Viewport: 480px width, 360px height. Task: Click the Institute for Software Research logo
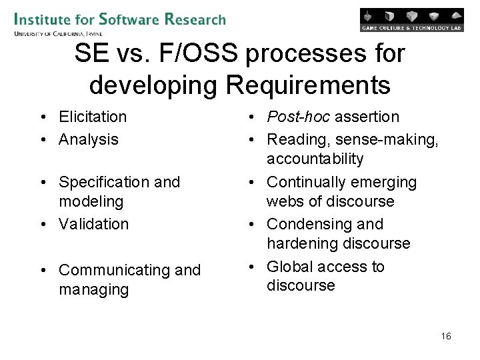tap(119, 19)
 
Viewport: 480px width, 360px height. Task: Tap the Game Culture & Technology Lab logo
tap(411, 20)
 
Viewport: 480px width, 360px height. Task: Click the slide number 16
tap(446, 336)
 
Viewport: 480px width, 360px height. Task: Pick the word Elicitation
tap(93, 117)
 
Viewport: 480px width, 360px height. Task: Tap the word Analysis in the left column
tap(88, 139)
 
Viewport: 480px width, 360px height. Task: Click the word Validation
tap(93, 224)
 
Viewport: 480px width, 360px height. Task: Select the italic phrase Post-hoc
tap(298, 117)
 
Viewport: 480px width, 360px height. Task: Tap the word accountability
tap(315, 159)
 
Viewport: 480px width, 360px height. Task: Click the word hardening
tap(302, 243)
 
